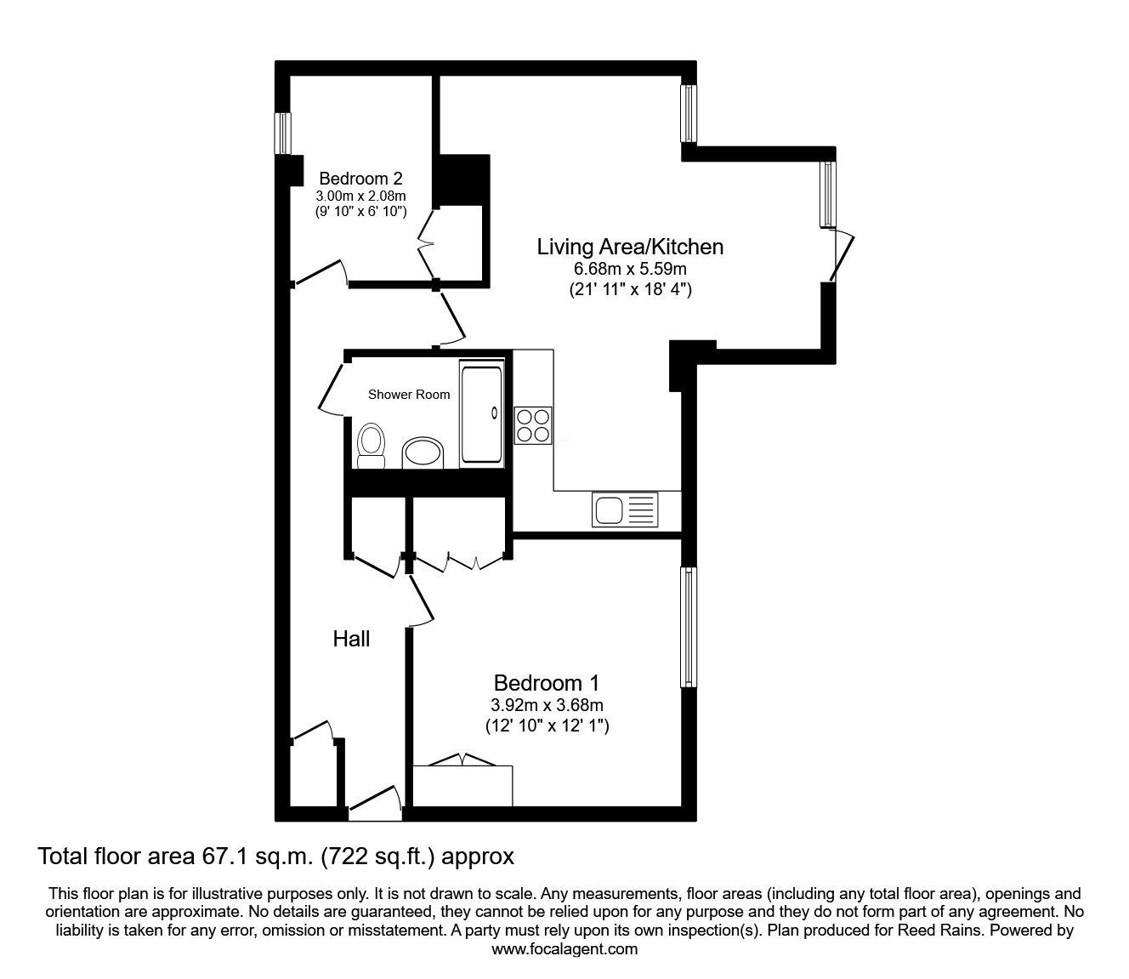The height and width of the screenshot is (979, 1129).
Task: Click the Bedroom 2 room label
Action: [x=360, y=179]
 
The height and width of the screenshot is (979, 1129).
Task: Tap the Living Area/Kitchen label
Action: [x=630, y=247]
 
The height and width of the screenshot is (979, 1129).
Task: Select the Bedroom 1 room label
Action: [x=547, y=682]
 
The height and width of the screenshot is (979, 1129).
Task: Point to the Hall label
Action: [x=351, y=639]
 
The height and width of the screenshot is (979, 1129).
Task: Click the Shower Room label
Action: [x=409, y=395]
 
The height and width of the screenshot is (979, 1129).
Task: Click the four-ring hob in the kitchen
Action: [x=533, y=425]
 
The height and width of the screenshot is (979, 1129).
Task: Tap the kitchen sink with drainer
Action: [x=625, y=510]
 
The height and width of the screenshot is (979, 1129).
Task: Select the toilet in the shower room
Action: [x=370, y=446]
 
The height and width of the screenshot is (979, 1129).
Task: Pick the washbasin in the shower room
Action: [x=423, y=453]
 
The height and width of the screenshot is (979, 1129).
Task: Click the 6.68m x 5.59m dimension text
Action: [x=630, y=270]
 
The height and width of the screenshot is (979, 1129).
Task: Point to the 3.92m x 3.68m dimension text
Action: [x=547, y=705]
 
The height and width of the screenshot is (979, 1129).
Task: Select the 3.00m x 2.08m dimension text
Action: [x=360, y=196]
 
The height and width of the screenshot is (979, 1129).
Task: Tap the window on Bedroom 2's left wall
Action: [x=282, y=134]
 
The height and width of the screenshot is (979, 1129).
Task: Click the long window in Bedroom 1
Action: [x=689, y=627]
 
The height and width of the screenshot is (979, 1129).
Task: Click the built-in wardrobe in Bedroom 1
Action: [x=462, y=784]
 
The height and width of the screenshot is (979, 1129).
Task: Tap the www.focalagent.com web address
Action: [x=564, y=949]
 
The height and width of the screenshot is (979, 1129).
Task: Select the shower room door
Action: [x=330, y=390]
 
